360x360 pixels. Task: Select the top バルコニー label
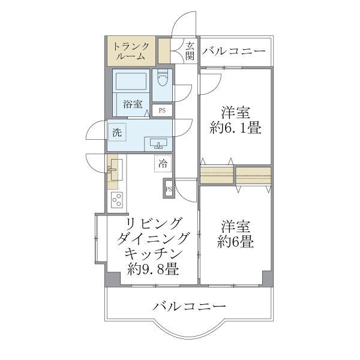click(x=233, y=52)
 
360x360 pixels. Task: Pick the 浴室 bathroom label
click(x=133, y=104)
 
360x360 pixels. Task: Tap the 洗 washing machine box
click(x=116, y=133)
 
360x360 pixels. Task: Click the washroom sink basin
click(x=158, y=143)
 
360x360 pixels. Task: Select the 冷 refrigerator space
click(x=163, y=162)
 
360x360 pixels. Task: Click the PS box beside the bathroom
click(x=162, y=110)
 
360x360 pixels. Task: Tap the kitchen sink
click(x=113, y=169)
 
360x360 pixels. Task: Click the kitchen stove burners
click(x=115, y=199)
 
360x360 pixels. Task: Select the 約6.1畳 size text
click(x=235, y=128)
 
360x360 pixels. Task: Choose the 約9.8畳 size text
click(x=152, y=269)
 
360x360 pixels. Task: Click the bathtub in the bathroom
click(x=131, y=82)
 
